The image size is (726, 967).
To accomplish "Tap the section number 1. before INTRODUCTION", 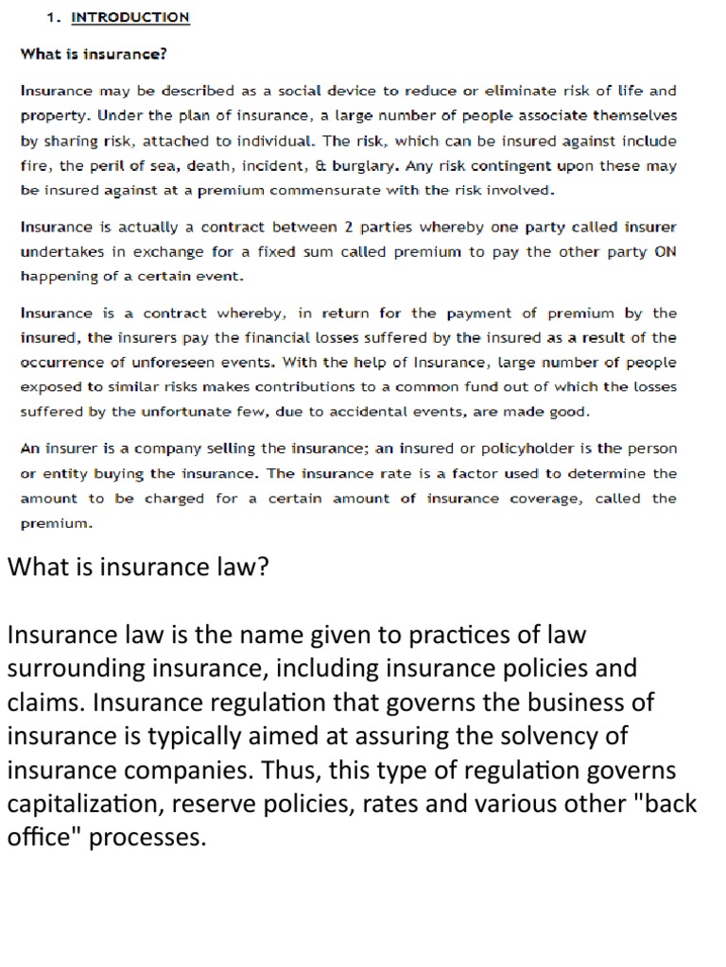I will tap(54, 17).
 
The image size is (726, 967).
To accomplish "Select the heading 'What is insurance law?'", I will tap(139, 567).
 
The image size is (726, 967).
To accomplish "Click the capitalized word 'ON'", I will tap(665, 252).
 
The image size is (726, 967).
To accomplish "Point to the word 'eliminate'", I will tap(518, 92).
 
